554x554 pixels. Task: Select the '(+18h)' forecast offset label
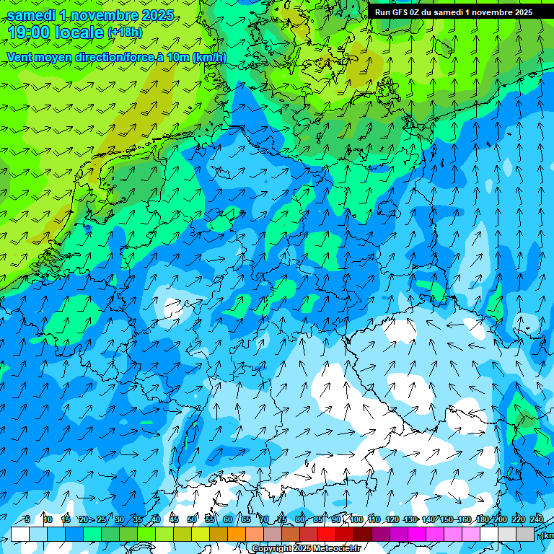coord(125,32)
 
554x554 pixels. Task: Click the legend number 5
coord(27,519)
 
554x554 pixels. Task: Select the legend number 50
coord(192,519)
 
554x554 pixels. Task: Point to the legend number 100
coord(356,519)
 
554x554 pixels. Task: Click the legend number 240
coord(537,519)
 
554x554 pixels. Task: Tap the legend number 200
coord(500,519)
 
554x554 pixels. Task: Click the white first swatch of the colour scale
coord(20,534)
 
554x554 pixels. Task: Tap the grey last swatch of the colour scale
coord(525,534)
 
